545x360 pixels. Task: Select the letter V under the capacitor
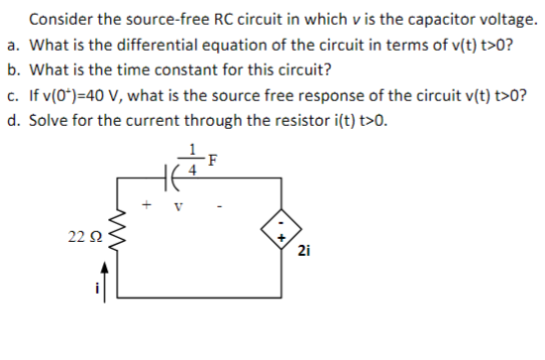pyautogui.click(x=177, y=207)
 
